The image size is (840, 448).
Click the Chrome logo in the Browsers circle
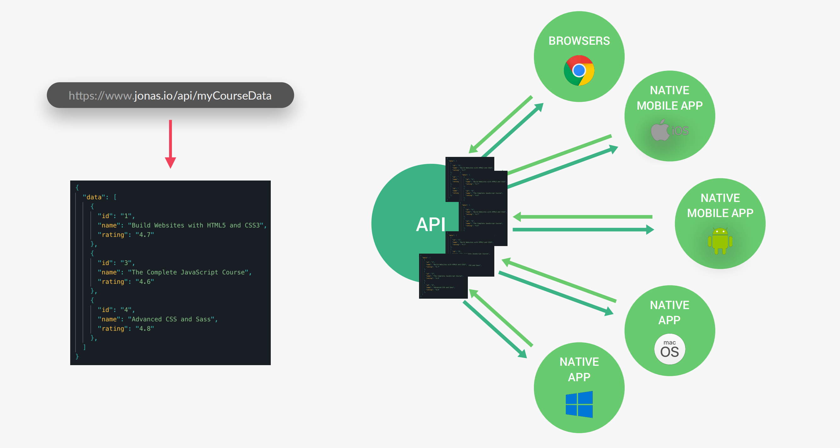pyautogui.click(x=579, y=70)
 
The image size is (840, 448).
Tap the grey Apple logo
pyautogui.click(x=660, y=130)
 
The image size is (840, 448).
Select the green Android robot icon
pyautogui.click(x=720, y=241)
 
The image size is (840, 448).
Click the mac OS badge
pyautogui.click(x=669, y=349)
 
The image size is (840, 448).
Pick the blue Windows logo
pyautogui.click(x=579, y=404)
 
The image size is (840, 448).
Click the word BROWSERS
pyautogui.click(x=579, y=41)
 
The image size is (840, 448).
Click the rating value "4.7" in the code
pyautogui.click(x=145, y=235)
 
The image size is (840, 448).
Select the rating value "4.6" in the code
pyautogui.click(x=145, y=282)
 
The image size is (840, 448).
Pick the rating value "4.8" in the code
pyautogui.click(x=145, y=329)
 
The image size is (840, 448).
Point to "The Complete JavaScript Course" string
pyautogui.click(x=188, y=272)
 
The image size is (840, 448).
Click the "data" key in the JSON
pyautogui.click(x=94, y=197)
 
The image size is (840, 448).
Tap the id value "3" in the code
pyautogui.click(x=126, y=263)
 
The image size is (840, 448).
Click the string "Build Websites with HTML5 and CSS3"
pyautogui.click(x=195, y=225)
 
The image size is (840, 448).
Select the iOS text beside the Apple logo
pyautogui.click(x=680, y=131)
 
